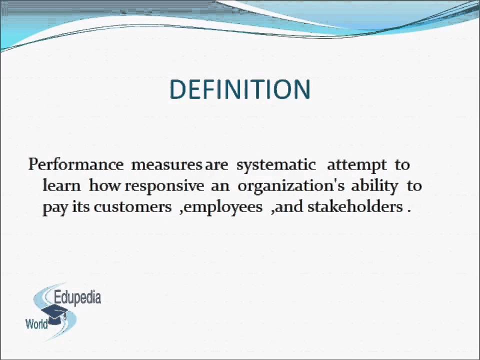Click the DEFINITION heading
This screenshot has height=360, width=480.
pos(240,89)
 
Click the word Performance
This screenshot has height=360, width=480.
pos(75,164)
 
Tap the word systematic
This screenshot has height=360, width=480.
pos(276,164)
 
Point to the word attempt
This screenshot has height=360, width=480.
pos(356,164)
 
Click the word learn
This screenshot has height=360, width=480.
pos(61,185)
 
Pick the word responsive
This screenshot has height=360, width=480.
pos(164,185)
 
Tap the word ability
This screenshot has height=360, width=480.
pos(374,185)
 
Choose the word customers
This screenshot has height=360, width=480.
pos(132,206)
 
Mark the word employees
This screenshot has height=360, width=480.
pos(223,207)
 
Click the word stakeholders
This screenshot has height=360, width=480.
pos(354,206)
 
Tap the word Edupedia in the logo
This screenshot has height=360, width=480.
pos(77,298)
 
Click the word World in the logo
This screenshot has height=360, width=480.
pos(36,324)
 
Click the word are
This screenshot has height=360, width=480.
pos(216,164)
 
